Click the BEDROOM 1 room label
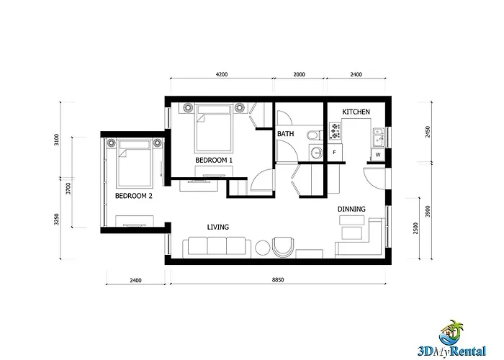tap(214, 160)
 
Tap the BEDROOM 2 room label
tap(134, 196)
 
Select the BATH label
tap(285, 134)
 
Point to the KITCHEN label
tap(356, 112)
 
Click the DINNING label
tap(351, 210)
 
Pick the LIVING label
tap(218, 228)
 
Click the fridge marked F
tap(335, 152)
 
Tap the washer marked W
tap(378, 155)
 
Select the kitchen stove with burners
tap(335, 131)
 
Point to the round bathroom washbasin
tap(318, 152)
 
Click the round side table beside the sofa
tap(264, 248)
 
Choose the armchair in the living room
tap(283, 247)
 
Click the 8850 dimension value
tap(278, 280)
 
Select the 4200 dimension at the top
tap(222, 74)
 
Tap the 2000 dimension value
tap(299, 74)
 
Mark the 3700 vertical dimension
tap(68, 189)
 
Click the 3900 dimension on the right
tap(428, 211)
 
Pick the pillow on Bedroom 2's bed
tap(135, 145)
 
